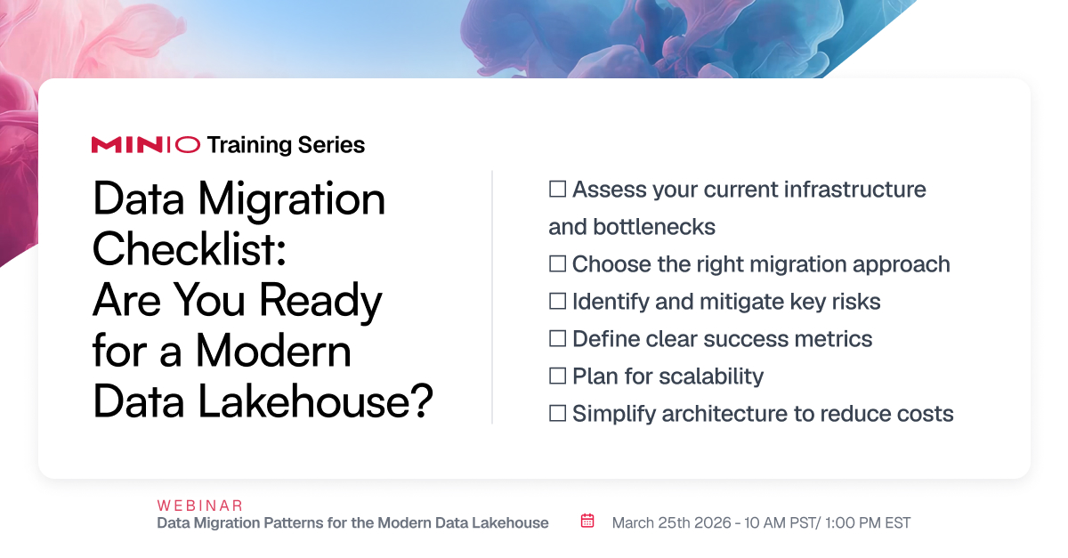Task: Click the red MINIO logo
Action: (145, 145)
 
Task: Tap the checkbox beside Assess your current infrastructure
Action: (557, 189)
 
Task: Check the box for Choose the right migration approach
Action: (557, 263)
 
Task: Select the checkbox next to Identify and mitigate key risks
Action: (557, 301)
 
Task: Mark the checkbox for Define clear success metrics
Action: (557, 338)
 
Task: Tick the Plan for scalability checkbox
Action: (557, 376)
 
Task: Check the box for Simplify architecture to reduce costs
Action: (557, 413)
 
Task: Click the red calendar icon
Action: (587, 521)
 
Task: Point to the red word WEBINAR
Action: (200, 505)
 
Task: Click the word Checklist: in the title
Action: (190, 249)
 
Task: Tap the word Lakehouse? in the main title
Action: (315, 401)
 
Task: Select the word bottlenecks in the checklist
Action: (654, 227)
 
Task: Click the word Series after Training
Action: (331, 145)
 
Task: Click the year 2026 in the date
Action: (712, 523)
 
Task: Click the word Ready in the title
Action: (320, 301)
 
